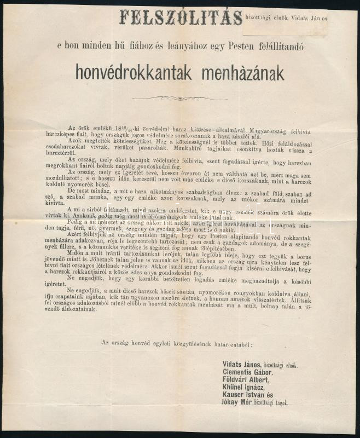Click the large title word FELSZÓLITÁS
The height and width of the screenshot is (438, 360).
click(180, 17)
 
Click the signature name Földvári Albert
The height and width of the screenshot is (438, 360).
click(246, 379)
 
